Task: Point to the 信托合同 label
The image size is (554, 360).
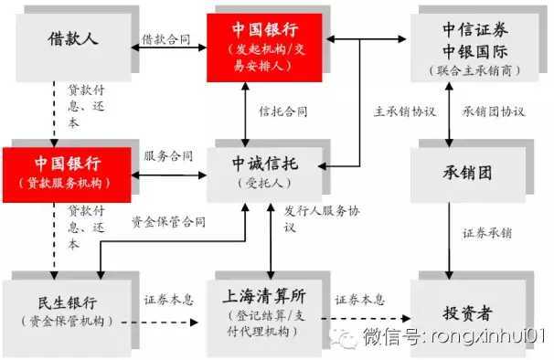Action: (x=282, y=111)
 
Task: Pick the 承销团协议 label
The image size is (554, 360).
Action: (x=494, y=111)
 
